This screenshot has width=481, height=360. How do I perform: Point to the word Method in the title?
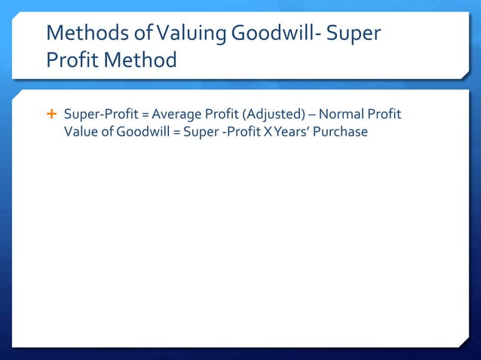(139, 59)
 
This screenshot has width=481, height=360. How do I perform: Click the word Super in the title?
(357, 34)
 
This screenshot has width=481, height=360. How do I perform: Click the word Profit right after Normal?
(385, 115)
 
